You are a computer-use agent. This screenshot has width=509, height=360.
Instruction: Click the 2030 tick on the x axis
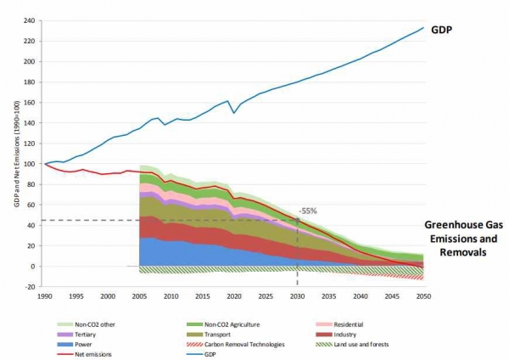[297, 295]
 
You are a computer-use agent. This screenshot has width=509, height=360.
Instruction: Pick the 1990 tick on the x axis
[45, 295]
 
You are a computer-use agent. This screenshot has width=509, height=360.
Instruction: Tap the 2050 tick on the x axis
[423, 295]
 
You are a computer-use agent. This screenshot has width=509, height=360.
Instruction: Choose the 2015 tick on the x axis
[202, 295]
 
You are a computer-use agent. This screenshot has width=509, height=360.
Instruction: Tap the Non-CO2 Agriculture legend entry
[229, 323]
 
